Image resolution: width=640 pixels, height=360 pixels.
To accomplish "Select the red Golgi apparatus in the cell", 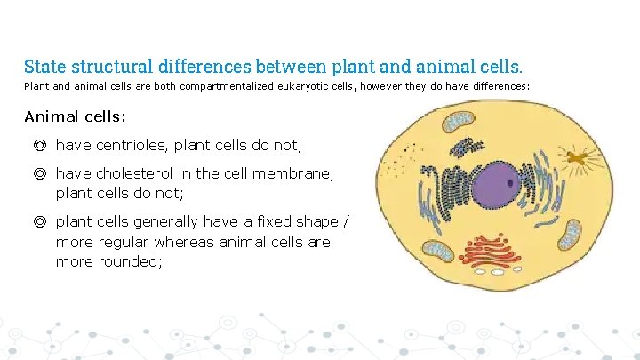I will point(488,253).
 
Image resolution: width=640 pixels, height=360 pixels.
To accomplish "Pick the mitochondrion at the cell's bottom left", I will point(436,251).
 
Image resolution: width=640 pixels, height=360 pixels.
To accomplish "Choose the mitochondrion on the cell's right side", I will point(569,235).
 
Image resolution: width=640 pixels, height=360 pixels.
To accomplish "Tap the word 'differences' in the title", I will point(208,67).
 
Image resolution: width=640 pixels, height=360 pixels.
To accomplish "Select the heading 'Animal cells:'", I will point(75,117).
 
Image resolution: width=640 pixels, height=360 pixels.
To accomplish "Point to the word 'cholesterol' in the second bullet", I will point(134,174).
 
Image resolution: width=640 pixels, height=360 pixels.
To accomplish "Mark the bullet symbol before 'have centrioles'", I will point(40,144).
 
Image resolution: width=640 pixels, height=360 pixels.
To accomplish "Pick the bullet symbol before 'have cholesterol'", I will point(40,174).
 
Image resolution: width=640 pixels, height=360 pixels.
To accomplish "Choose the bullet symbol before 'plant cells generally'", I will point(40,221).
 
